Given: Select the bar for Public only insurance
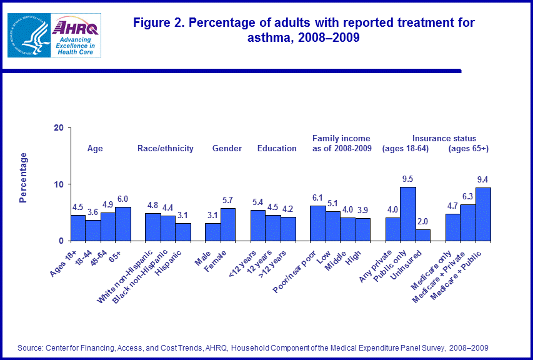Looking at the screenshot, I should tap(408, 214).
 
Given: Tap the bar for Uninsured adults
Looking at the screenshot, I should tap(423, 235).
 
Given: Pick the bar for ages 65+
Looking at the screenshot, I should tap(123, 224).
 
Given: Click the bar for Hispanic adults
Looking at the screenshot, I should tap(183, 232).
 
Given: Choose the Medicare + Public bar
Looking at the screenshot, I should tap(484, 214).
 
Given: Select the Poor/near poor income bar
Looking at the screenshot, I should tap(318, 223).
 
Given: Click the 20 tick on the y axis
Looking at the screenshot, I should tap(59, 127).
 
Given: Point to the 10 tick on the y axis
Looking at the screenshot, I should tap(59, 184).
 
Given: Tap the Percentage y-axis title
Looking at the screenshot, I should tap(23, 177).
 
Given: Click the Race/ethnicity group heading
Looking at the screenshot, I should tap(166, 149).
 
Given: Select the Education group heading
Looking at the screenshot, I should tap(277, 149).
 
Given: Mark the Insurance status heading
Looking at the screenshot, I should tap(444, 139).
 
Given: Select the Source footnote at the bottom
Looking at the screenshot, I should tap(253, 347).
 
